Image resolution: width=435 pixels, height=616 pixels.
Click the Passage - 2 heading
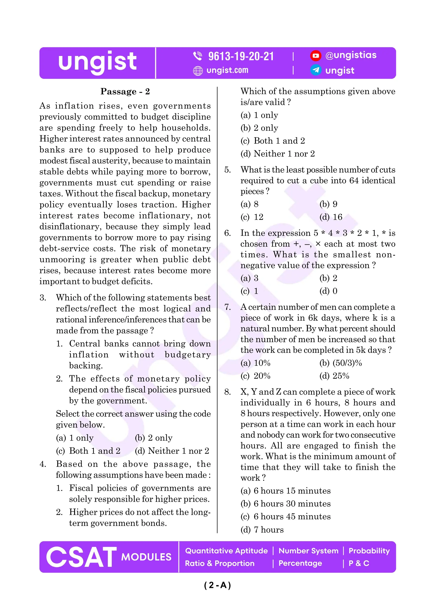125,91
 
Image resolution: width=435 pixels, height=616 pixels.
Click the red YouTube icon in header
315,55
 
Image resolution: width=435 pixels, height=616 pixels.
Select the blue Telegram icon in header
315,70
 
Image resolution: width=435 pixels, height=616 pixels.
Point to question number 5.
227,170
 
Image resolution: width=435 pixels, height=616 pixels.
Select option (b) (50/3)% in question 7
340,363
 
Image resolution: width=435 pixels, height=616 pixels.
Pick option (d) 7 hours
262,530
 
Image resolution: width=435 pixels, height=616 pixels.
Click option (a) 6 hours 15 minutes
285,491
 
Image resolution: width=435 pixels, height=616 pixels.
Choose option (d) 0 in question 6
328,291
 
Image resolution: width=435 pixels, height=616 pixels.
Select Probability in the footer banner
369,551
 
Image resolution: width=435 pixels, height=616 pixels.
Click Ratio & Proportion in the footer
219,563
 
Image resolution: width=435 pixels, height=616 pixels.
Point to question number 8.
227,392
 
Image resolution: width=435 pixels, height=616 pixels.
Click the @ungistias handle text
351,55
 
